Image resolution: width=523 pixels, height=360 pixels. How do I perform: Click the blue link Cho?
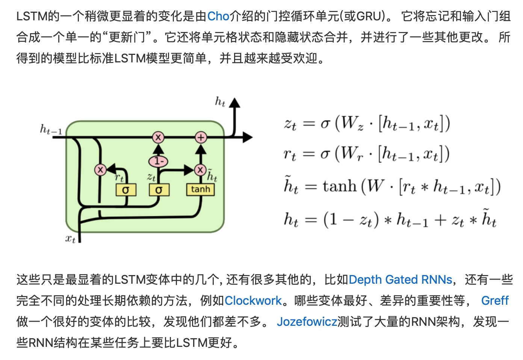click(x=218, y=16)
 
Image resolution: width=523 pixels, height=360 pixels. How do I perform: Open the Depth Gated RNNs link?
click(x=400, y=280)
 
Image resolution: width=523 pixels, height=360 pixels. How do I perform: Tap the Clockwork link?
click(x=253, y=301)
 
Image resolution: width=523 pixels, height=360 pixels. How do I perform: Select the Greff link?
click(x=494, y=301)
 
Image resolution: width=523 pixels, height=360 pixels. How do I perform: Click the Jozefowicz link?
click(x=307, y=322)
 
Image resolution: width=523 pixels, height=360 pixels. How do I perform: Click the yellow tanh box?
click(x=200, y=189)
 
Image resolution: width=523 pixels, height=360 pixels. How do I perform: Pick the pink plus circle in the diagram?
click(x=201, y=138)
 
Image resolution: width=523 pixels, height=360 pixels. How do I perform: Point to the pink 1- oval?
click(x=158, y=162)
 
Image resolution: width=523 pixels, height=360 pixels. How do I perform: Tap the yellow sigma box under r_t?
click(x=125, y=190)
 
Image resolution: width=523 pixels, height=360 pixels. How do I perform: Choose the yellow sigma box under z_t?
click(x=159, y=190)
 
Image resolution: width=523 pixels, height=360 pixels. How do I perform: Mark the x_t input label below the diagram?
click(x=70, y=238)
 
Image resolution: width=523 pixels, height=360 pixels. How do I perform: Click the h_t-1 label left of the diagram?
click(x=51, y=130)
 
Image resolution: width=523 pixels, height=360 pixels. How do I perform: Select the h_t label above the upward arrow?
click(x=220, y=101)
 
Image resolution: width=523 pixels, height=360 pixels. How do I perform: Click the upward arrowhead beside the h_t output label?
click(x=234, y=103)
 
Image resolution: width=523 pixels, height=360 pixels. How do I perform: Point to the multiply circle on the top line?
click(x=158, y=138)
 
